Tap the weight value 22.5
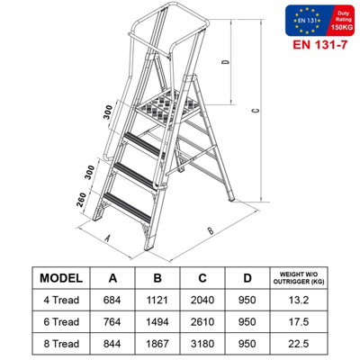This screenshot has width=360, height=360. click(x=299, y=342)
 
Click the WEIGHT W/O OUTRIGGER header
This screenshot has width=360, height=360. click(x=299, y=277)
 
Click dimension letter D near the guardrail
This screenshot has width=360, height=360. click(x=226, y=64)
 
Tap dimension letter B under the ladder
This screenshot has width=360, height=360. click(x=210, y=230)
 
